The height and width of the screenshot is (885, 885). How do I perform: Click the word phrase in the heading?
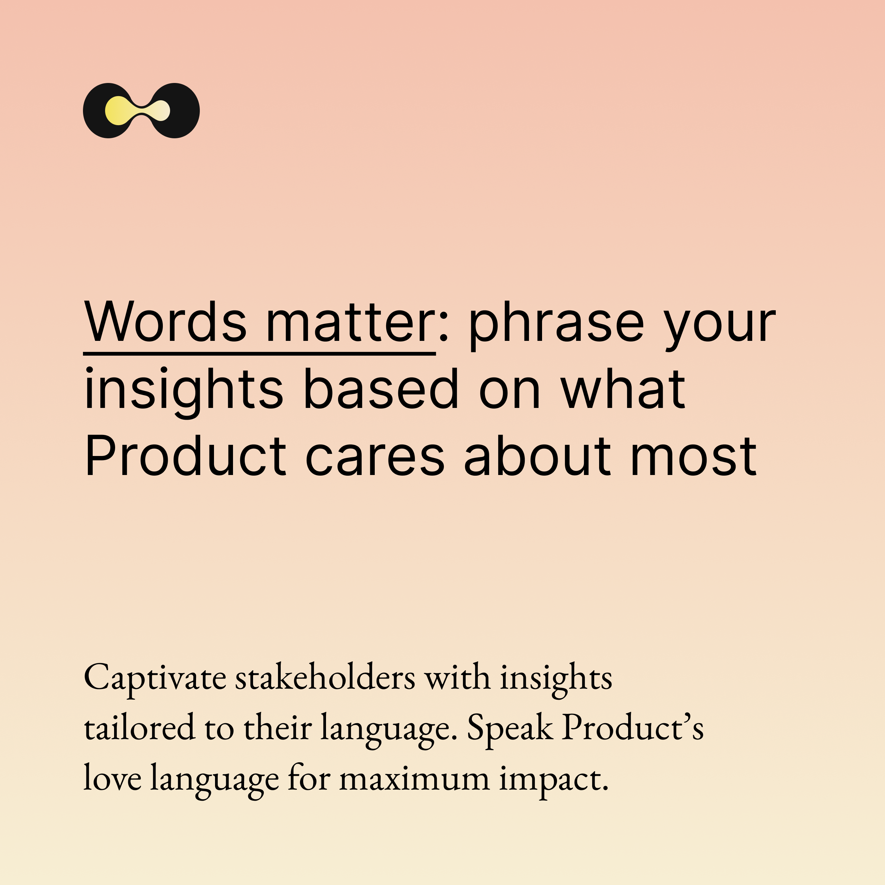click(x=557, y=325)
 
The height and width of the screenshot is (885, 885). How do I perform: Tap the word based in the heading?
click(x=381, y=389)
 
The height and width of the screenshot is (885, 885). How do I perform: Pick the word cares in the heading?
click(x=375, y=459)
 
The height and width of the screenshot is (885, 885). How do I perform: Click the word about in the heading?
click(x=537, y=455)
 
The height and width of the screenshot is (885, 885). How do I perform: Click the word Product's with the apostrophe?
click(x=633, y=727)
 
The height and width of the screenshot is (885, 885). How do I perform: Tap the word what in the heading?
click(x=623, y=389)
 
